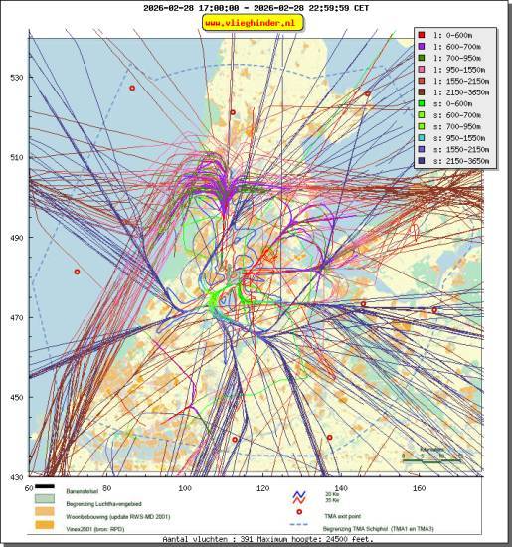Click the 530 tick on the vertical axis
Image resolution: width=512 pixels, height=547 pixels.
pos(17,78)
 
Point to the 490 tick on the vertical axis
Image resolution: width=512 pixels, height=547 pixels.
pos(17,238)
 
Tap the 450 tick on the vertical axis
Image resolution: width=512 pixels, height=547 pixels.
pos(17,398)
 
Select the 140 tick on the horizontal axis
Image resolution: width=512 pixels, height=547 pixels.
pos(341,488)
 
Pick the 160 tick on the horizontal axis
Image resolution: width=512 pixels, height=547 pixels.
pos(420,488)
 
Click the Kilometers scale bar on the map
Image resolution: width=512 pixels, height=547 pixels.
pos(430,457)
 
